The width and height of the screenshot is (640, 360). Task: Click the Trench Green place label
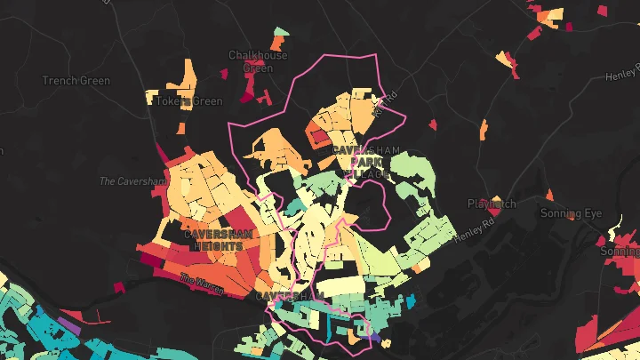[x=76, y=81]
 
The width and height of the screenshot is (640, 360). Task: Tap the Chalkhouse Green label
[x=258, y=61]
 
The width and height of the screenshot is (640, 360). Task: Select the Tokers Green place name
[x=189, y=101]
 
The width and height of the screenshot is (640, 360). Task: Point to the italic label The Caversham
[x=132, y=181]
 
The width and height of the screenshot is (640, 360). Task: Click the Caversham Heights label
[x=219, y=240]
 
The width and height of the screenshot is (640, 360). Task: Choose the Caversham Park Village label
[x=362, y=162]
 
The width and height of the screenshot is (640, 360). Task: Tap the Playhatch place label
[x=492, y=204]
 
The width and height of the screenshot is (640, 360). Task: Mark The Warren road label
[x=202, y=282]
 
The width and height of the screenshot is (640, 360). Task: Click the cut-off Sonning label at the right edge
[x=620, y=252]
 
